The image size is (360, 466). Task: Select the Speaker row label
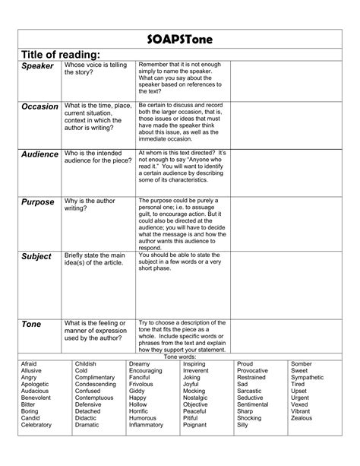pyautogui.click(x=38, y=67)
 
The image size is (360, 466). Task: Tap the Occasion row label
pyautogui.click(x=40, y=106)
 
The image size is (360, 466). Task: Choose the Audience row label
pyautogui.click(x=40, y=154)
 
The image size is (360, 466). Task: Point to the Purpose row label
pyautogui.click(x=38, y=202)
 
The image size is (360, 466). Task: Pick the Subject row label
pyautogui.click(x=36, y=256)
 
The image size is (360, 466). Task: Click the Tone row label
pyautogui.click(x=31, y=325)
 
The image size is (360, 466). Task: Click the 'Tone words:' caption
pyautogui.click(x=180, y=356)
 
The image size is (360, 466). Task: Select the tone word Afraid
pyautogui.click(x=30, y=364)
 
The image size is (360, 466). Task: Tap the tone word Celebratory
pyautogui.click(x=37, y=425)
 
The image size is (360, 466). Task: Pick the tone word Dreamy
pyautogui.click(x=140, y=364)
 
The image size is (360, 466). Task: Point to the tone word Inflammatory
pyautogui.click(x=147, y=425)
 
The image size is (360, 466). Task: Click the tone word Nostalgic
pyautogui.click(x=196, y=398)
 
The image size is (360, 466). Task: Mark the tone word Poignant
pyautogui.click(x=195, y=425)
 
